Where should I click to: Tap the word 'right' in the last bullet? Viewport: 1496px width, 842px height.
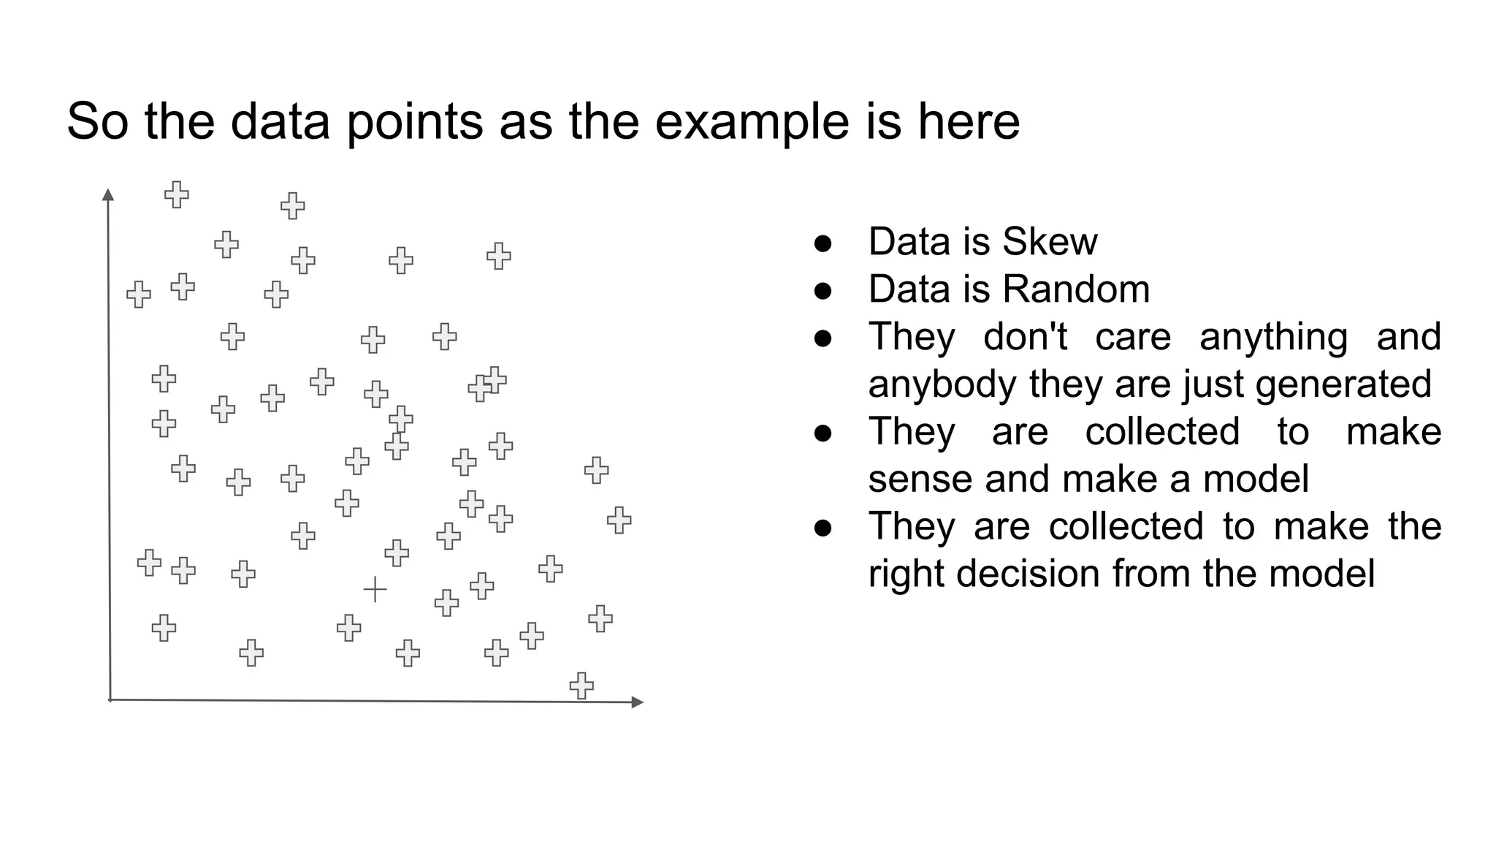906,574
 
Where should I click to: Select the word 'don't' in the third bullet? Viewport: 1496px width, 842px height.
1025,337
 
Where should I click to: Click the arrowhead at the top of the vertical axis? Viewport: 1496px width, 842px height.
108,194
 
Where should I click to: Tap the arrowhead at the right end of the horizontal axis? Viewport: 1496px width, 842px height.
638,702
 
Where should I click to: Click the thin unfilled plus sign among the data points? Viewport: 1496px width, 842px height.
375,589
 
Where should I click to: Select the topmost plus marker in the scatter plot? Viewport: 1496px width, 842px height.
176,195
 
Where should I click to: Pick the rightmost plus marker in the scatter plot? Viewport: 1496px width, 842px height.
619,520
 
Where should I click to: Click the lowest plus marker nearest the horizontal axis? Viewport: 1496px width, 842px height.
581,686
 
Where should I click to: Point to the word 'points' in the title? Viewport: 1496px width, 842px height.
414,122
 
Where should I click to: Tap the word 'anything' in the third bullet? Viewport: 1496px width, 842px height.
1273,337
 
